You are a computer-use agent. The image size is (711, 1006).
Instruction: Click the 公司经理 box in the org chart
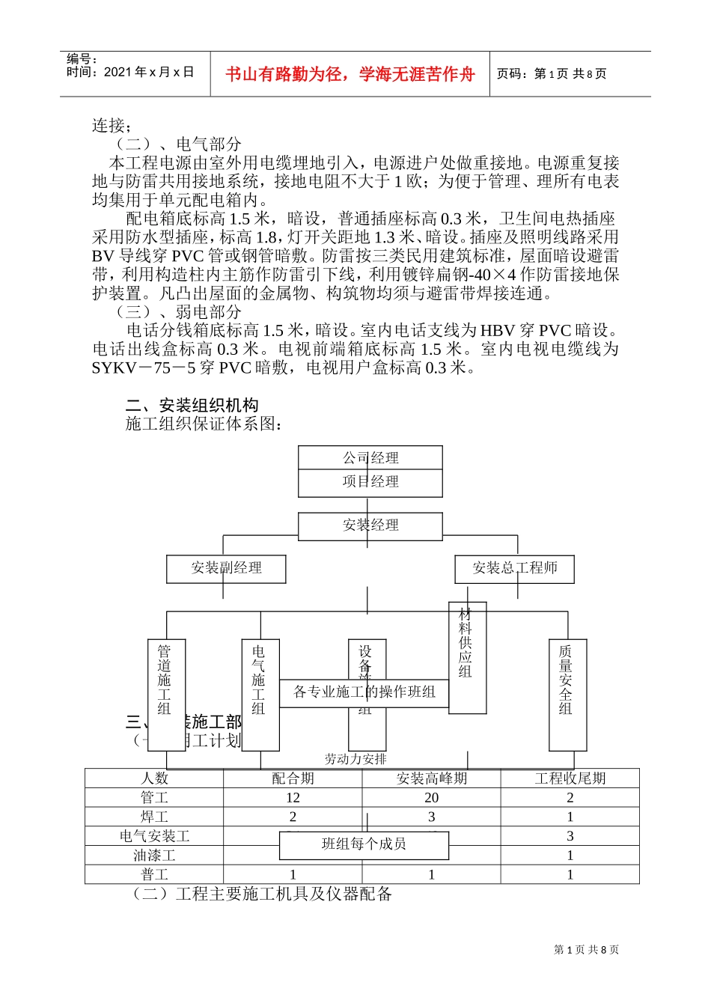tap(370, 458)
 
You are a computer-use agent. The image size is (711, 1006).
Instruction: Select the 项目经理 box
tap(370, 482)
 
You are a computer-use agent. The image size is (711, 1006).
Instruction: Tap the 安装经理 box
tap(370, 525)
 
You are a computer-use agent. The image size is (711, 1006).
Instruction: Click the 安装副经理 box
tap(226, 568)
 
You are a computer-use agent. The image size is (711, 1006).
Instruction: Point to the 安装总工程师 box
tap(515, 568)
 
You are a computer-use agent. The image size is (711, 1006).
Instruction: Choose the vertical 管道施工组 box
tap(165, 695)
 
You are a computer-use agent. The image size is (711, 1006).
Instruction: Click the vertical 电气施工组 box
tap(260, 695)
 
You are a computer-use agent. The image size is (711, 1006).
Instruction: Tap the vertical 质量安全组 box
tap(567, 695)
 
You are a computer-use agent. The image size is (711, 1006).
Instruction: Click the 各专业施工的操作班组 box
tap(364, 692)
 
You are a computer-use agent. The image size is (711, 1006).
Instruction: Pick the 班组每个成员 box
tap(364, 845)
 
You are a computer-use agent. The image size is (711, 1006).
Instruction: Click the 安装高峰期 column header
tap(432, 778)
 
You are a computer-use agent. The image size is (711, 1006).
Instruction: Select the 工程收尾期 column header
tap(570, 778)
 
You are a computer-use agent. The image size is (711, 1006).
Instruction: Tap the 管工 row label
tap(154, 798)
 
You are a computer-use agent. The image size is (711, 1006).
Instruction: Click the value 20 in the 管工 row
tap(432, 798)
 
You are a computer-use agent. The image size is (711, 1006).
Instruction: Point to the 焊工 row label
tap(154, 817)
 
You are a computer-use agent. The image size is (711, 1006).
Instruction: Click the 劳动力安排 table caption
tap(355, 759)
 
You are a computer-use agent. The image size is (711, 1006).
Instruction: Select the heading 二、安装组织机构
tap(192, 406)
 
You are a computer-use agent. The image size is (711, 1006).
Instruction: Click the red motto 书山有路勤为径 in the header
tap(350, 74)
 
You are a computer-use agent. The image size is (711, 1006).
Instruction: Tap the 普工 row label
tap(154, 874)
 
